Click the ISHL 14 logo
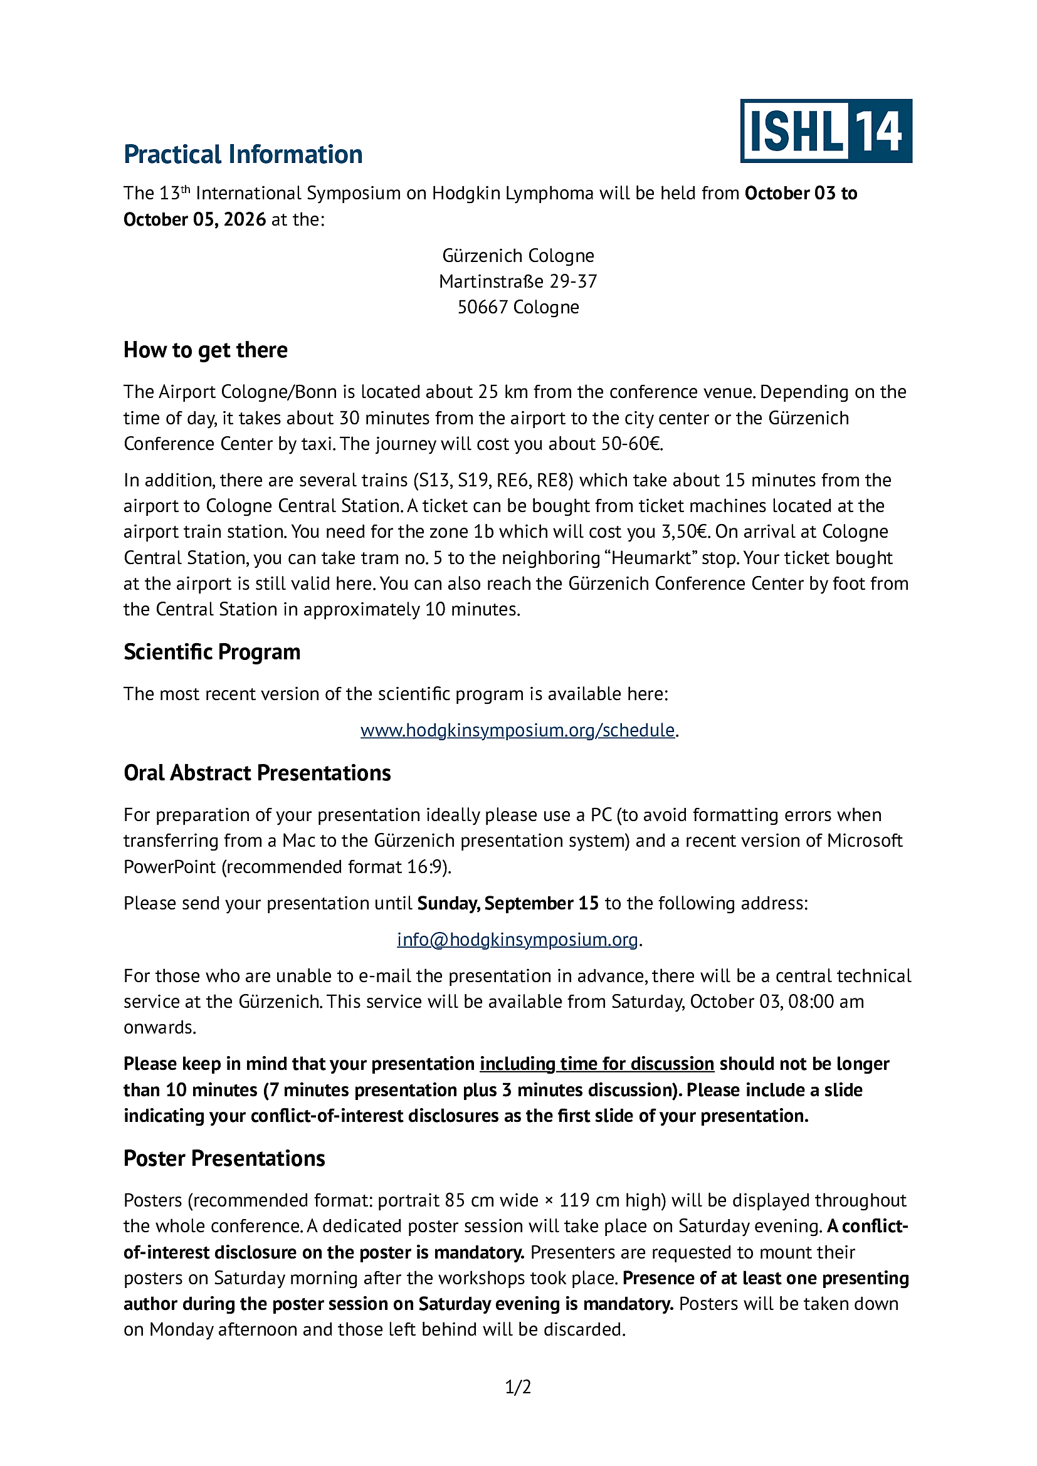826,131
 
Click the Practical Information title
243,155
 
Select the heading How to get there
205,350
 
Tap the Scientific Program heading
211,652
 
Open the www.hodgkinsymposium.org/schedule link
517,730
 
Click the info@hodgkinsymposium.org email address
517,940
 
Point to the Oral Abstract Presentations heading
256,773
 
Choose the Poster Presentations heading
224,1158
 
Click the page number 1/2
518,1387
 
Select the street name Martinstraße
491,281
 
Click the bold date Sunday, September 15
508,903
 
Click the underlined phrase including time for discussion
596,1064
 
